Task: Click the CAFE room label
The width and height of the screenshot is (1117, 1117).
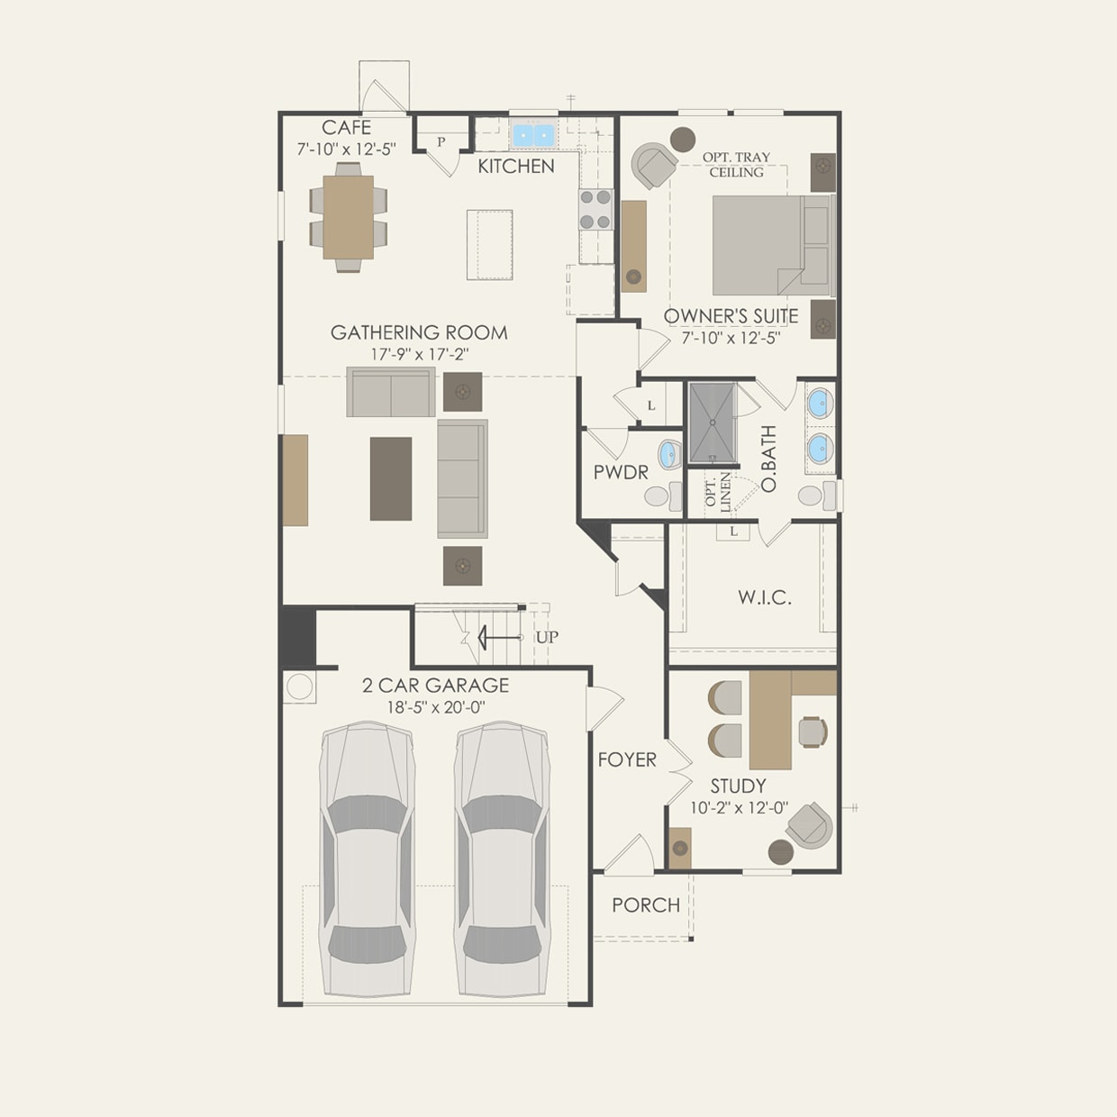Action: pyautogui.click(x=346, y=128)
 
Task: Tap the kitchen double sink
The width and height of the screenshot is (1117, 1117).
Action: pyautogui.click(x=533, y=136)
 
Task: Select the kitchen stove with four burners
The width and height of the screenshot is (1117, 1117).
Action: pyautogui.click(x=595, y=209)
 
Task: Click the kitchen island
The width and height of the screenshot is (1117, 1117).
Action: pyautogui.click(x=489, y=244)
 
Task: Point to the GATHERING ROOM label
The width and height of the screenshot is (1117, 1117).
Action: pyautogui.click(x=419, y=332)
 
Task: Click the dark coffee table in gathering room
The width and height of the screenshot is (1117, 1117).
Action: pyautogui.click(x=391, y=478)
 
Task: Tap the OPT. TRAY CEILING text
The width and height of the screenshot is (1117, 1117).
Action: pyautogui.click(x=736, y=164)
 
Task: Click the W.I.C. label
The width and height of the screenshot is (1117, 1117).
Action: pyautogui.click(x=765, y=597)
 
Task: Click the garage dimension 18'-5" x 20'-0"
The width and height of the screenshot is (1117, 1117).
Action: pyautogui.click(x=435, y=707)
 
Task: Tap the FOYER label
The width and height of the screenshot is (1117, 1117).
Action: pyautogui.click(x=627, y=759)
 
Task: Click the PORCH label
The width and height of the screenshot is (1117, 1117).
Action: pyautogui.click(x=646, y=904)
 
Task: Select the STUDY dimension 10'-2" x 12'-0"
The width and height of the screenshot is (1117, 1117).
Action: pyautogui.click(x=739, y=808)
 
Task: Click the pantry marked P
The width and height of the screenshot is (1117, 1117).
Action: pyautogui.click(x=441, y=141)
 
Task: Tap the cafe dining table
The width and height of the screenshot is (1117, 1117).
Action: pyautogui.click(x=349, y=216)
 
